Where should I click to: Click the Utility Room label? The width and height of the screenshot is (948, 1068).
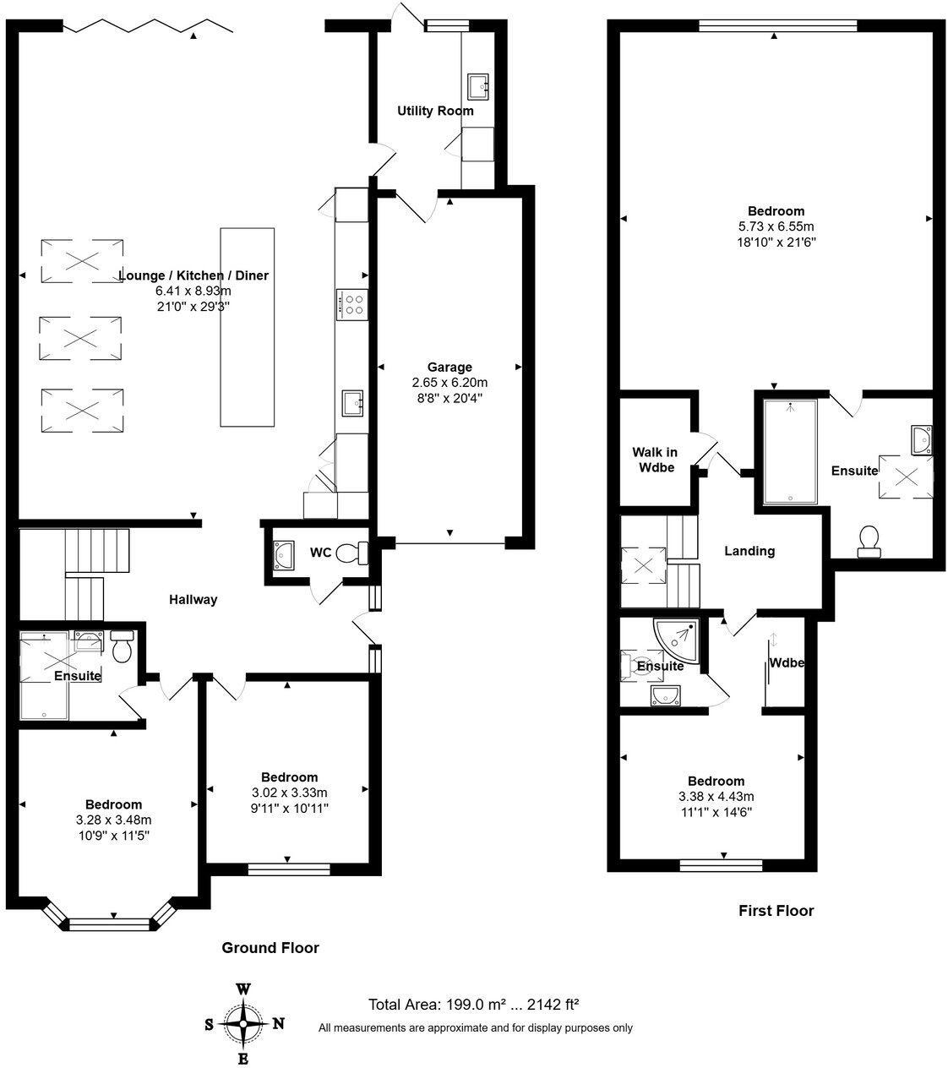pos(435,111)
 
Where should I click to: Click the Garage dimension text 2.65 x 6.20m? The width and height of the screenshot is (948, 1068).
pos(449,382)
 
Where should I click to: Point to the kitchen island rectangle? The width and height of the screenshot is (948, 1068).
pos(248,327)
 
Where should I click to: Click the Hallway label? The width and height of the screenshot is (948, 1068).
pos(193,600)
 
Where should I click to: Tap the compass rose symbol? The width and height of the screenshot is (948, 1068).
pos(243,1024)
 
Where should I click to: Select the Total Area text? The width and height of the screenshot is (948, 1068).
pos(473,1005)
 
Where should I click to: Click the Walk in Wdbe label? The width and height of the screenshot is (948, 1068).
pos(656,460)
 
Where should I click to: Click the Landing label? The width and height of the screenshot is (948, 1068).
pos(749,551)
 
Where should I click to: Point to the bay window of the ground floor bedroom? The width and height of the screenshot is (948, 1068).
pos(113,924)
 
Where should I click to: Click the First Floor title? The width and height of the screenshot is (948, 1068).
pos(776,910)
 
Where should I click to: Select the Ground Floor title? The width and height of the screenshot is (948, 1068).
pos(270,947)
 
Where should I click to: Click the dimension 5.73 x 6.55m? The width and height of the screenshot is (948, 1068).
pos(776,226)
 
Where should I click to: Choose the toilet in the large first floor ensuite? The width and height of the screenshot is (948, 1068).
pos(869,541)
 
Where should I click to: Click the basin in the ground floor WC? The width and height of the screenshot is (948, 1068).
pos(282,554)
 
